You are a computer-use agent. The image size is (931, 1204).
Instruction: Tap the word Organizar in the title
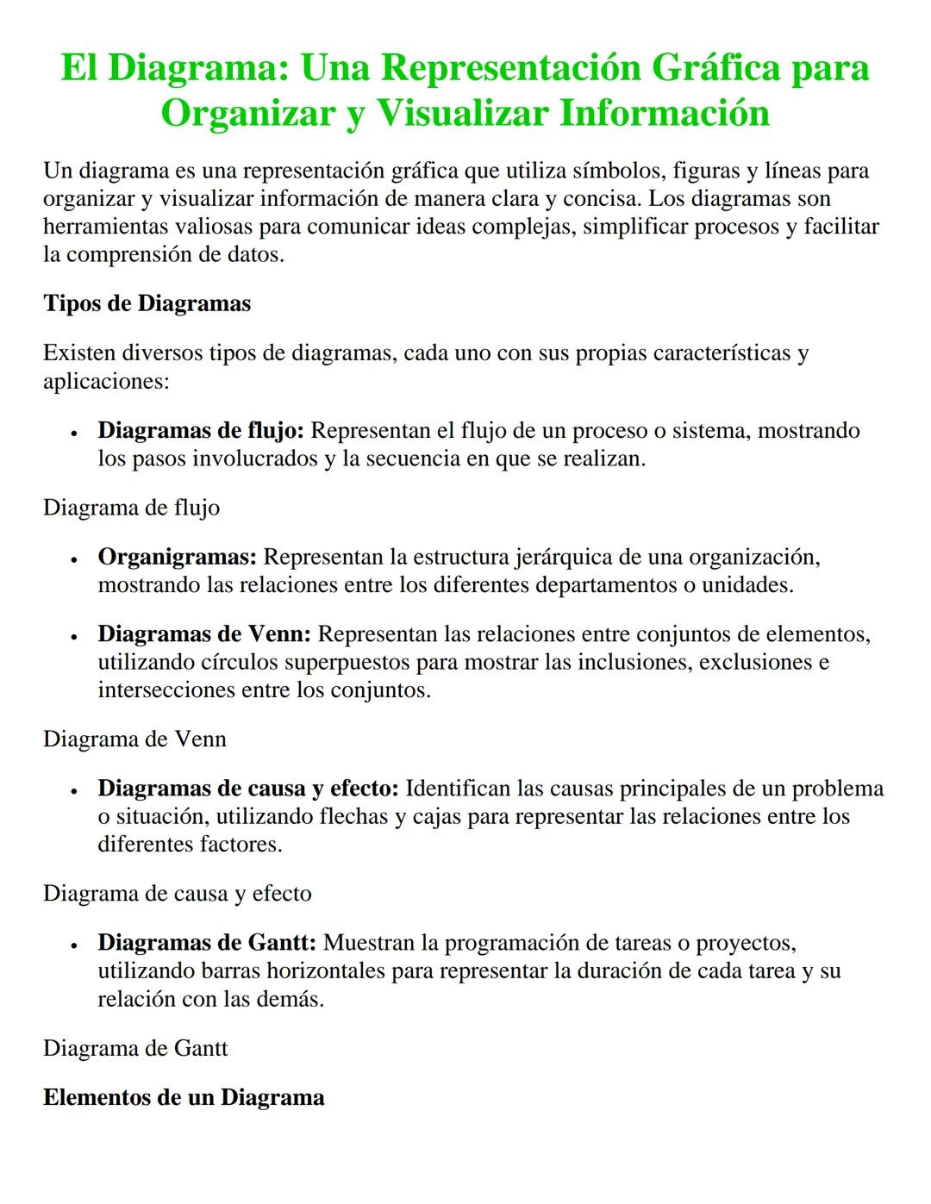245,113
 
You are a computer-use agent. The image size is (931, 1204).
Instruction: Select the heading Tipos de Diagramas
147,303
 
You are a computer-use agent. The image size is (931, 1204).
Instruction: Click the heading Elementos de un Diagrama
184,1097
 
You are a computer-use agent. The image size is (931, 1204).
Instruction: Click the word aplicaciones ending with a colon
106,381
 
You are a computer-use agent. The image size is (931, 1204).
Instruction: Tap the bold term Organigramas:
177,557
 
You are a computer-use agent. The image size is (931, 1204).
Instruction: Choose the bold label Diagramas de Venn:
203,634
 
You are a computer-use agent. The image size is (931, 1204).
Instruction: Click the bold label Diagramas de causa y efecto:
247,789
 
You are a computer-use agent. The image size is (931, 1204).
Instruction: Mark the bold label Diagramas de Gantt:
207,943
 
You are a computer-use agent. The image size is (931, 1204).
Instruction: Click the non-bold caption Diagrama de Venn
134,739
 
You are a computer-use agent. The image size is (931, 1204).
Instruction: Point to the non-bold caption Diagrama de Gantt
135,1048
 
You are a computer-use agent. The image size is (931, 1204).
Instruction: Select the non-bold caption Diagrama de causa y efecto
177,894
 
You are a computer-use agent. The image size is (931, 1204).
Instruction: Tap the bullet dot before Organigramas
76,559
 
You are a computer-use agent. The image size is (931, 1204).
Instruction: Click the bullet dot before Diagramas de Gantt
76,945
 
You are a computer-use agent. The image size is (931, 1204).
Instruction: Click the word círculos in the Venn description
237,662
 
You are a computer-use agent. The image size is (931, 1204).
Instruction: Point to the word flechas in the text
354,816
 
